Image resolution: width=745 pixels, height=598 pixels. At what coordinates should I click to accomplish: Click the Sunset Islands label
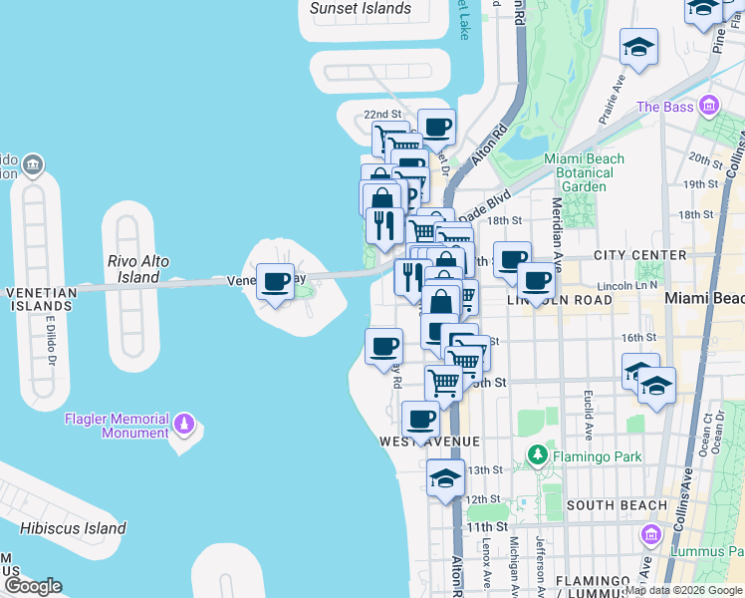point(361,9)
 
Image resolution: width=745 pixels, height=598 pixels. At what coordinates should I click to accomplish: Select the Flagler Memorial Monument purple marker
point(183,426)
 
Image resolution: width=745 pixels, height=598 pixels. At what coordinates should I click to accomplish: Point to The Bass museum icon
point(709,107)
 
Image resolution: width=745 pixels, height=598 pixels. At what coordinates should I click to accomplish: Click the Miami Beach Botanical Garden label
point(584,172)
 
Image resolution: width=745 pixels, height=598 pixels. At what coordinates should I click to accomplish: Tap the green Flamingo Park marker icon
point(538,456)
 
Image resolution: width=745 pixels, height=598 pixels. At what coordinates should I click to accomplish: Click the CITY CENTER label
point(639,255)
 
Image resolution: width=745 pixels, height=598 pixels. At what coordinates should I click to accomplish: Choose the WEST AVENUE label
point(429,441)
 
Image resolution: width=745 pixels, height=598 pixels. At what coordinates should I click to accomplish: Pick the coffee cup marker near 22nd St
point(435,127)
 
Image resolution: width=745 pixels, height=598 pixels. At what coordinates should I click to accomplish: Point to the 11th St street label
point(479,526)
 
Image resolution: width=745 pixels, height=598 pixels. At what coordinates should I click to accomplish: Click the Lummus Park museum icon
point(652,536)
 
